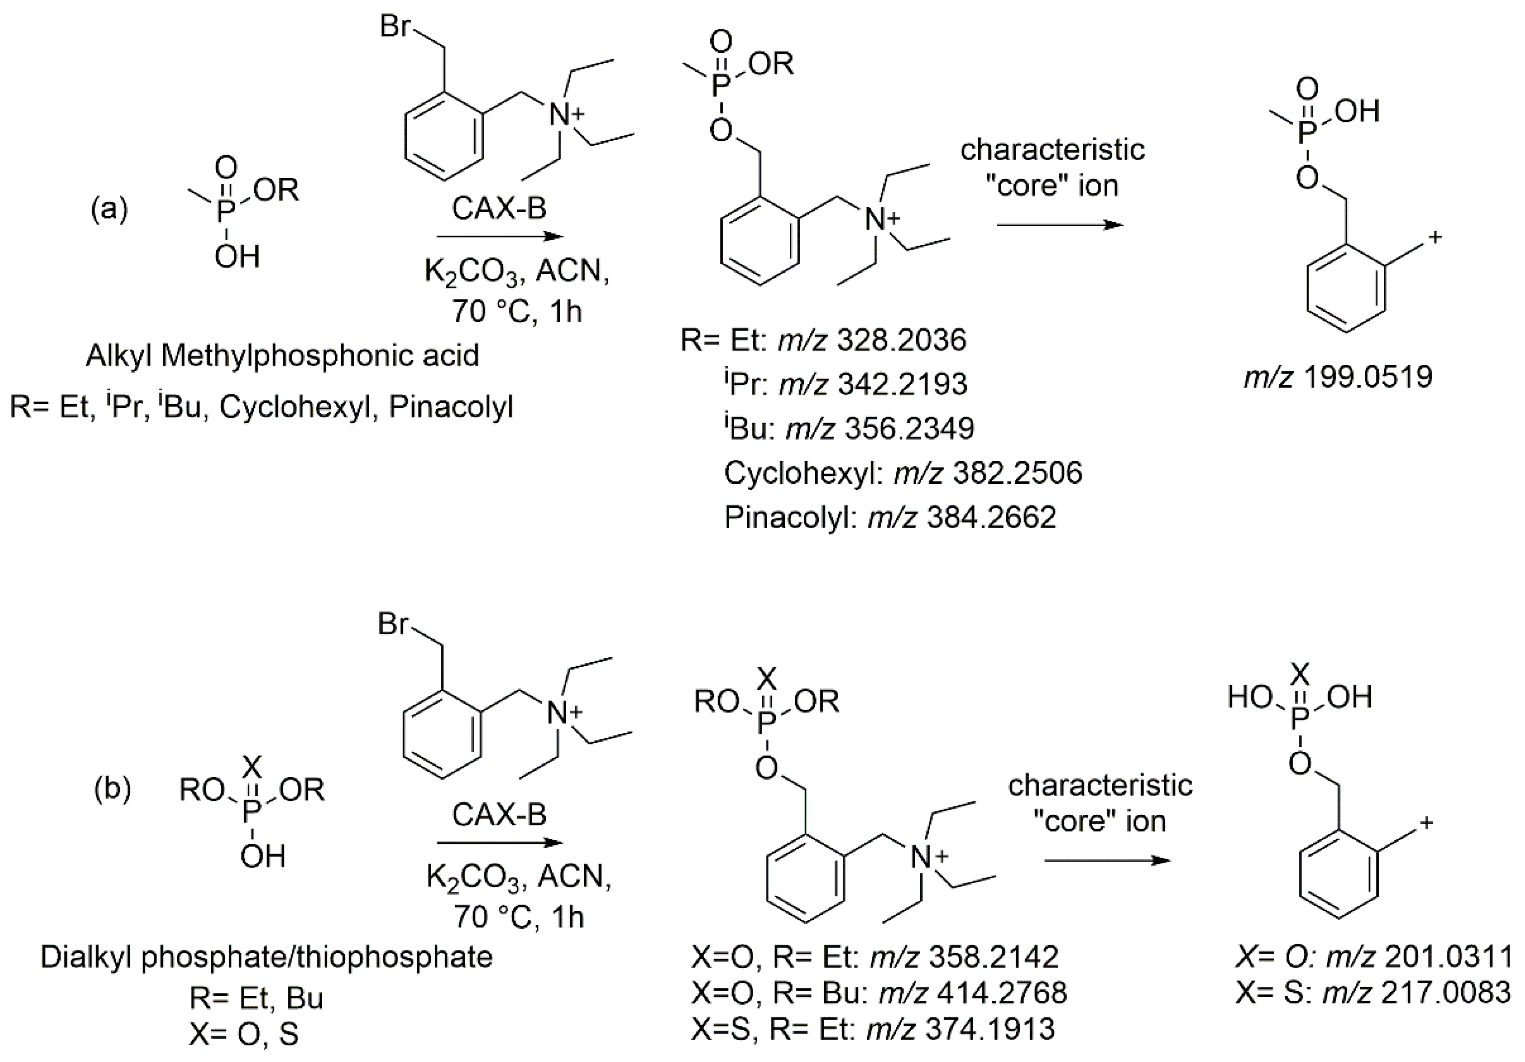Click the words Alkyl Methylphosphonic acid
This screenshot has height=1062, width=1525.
click(282, 356)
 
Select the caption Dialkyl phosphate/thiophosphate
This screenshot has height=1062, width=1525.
click(266, 957)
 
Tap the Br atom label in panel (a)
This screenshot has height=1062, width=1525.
click(396, 26)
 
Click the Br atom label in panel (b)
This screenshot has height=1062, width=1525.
click(393, 625)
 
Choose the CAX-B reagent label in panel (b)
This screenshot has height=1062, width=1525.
click(500, 815)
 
